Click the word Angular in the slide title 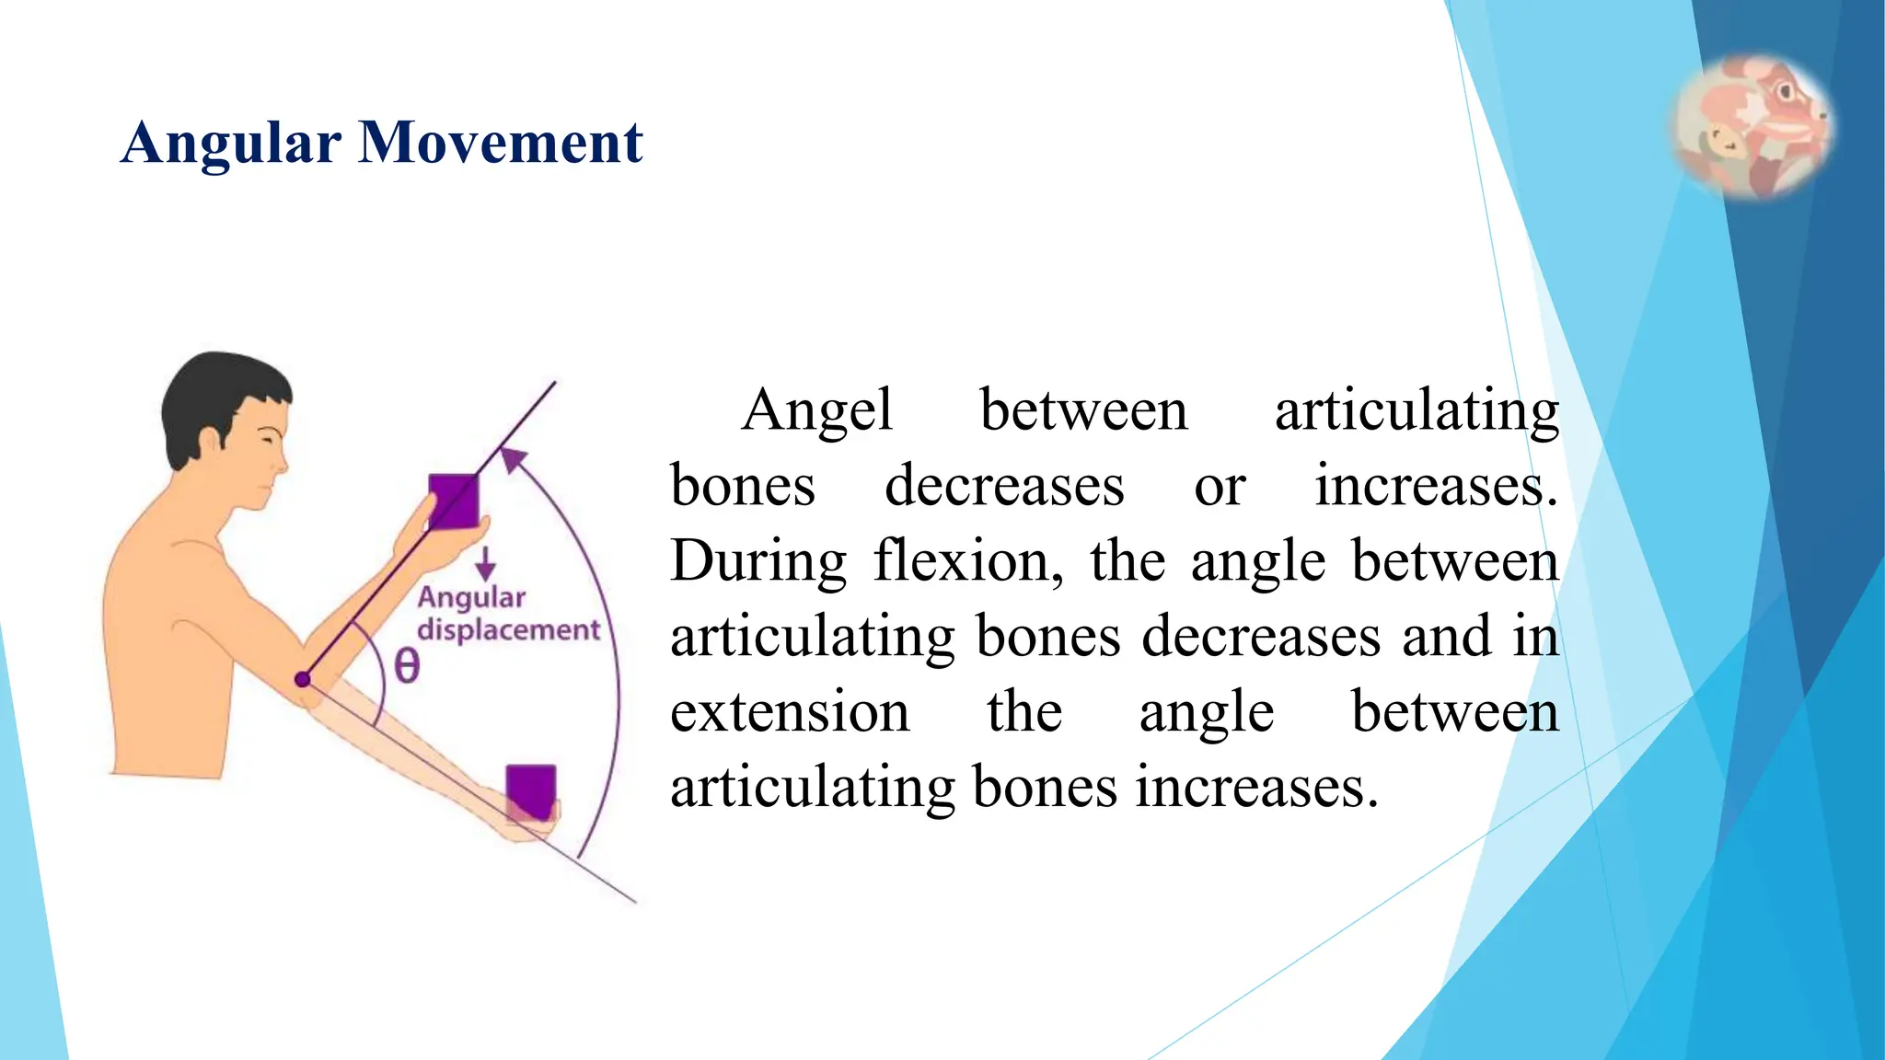click(231, 144)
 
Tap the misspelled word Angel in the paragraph click(816, 410)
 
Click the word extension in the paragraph click(790, 712)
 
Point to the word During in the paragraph click(758, 561)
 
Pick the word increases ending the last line click(1256, 788)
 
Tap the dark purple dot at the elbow click(302, 680)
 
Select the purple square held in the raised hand click(454, 501)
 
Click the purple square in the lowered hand click(531, 791)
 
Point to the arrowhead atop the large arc click(513, 458)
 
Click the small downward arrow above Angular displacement click(485, 562)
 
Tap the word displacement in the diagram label click(508, 630)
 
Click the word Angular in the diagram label click(471, 598)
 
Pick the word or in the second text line click(1219, 486)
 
